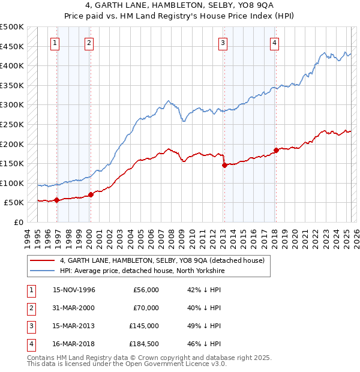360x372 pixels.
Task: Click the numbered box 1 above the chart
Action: (55, 43)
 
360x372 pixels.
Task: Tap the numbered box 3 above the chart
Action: (223, 43)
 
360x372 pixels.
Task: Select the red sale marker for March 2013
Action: (224, 165)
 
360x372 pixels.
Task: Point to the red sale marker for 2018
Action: (276, 150)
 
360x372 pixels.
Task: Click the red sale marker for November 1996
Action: (57, 200)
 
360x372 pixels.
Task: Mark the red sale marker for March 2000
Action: (91, 194)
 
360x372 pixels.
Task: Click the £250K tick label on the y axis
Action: (12, 124)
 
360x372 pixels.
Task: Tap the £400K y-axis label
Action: (12, 65)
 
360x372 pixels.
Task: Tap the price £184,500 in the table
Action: (144, 344)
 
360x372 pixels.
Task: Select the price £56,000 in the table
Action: (146, 290)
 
